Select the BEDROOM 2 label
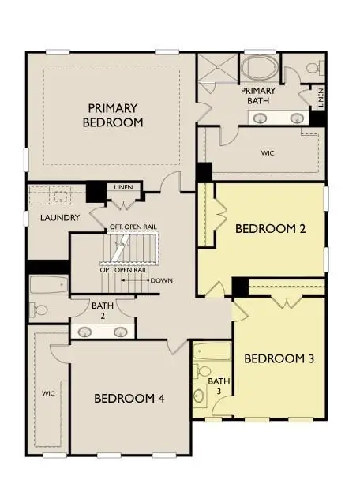(x=270, y=228)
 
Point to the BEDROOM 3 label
(x=279, y=358)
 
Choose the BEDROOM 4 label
(x=129, y=399)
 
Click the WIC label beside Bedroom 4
(x=47, y=392)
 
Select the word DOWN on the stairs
(x=161, y=281)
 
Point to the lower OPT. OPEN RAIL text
(x=124, y=270)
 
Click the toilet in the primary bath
(x=310, y=69)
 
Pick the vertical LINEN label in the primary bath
(x=321, y=99)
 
